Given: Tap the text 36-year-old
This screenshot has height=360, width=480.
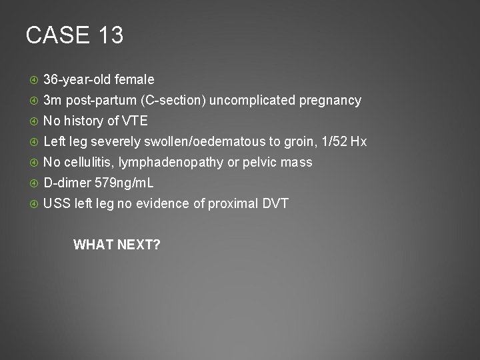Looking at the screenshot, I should point(77,80).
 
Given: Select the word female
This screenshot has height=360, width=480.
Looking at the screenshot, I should point(135,80).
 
